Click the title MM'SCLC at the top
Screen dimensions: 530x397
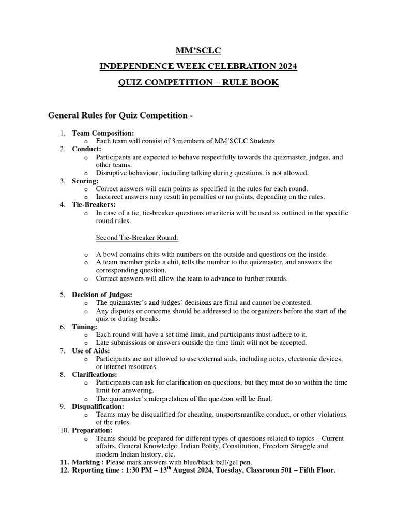[x=198, y=50]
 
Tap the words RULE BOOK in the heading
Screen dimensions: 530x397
[x=252, y=82]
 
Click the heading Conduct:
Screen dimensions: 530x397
[x=86, y=149]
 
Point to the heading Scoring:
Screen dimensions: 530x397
[x=85, y=181]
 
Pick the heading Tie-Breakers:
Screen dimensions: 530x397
[x=93, y=205]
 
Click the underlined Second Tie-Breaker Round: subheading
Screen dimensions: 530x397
[x=138, y=238]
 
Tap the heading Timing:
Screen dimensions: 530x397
[x=84, y=327]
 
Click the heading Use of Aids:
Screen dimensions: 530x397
[x=91, y=351]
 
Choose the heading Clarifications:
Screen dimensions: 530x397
[x=95, y=374]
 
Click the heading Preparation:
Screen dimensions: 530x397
[x=92, y=430]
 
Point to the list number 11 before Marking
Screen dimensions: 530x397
[x=64, y=462]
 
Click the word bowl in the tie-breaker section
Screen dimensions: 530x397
[x=111, y=254]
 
